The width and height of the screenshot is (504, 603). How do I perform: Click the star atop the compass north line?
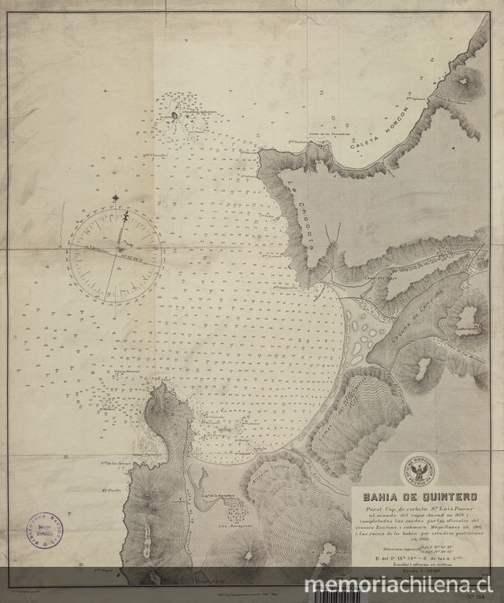118,196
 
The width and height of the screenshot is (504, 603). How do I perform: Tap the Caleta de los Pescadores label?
326,134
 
